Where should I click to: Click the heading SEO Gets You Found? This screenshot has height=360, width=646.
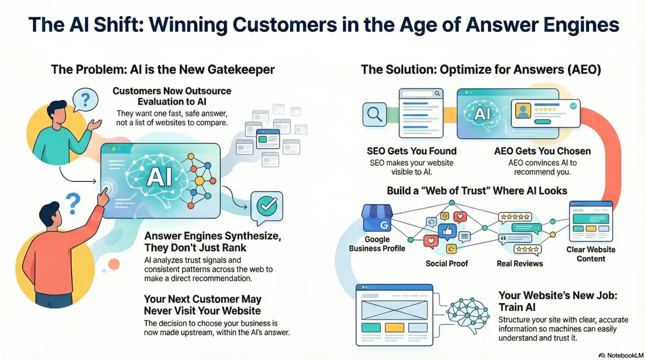tap(411, 151)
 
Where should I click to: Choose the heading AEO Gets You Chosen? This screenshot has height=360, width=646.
tap(542, 151)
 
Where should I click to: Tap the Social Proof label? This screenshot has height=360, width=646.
tap(447, 263)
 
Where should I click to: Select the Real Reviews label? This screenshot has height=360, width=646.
tap(519, 263)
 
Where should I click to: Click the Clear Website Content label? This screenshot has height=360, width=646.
tap(591, 254)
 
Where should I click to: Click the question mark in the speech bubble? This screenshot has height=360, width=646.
tap(85, 100)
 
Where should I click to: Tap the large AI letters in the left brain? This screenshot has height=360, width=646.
tap(159, 176)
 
